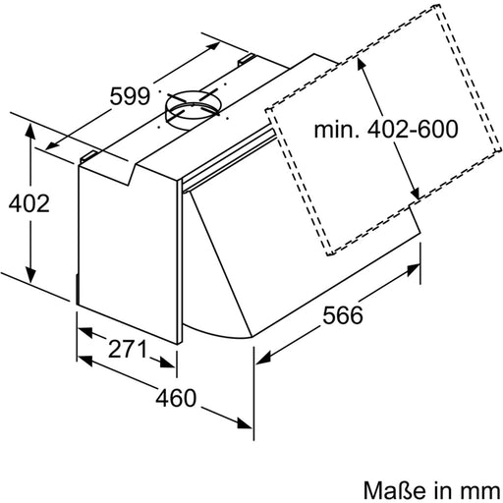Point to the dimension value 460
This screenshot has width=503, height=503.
tap(173, 400)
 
